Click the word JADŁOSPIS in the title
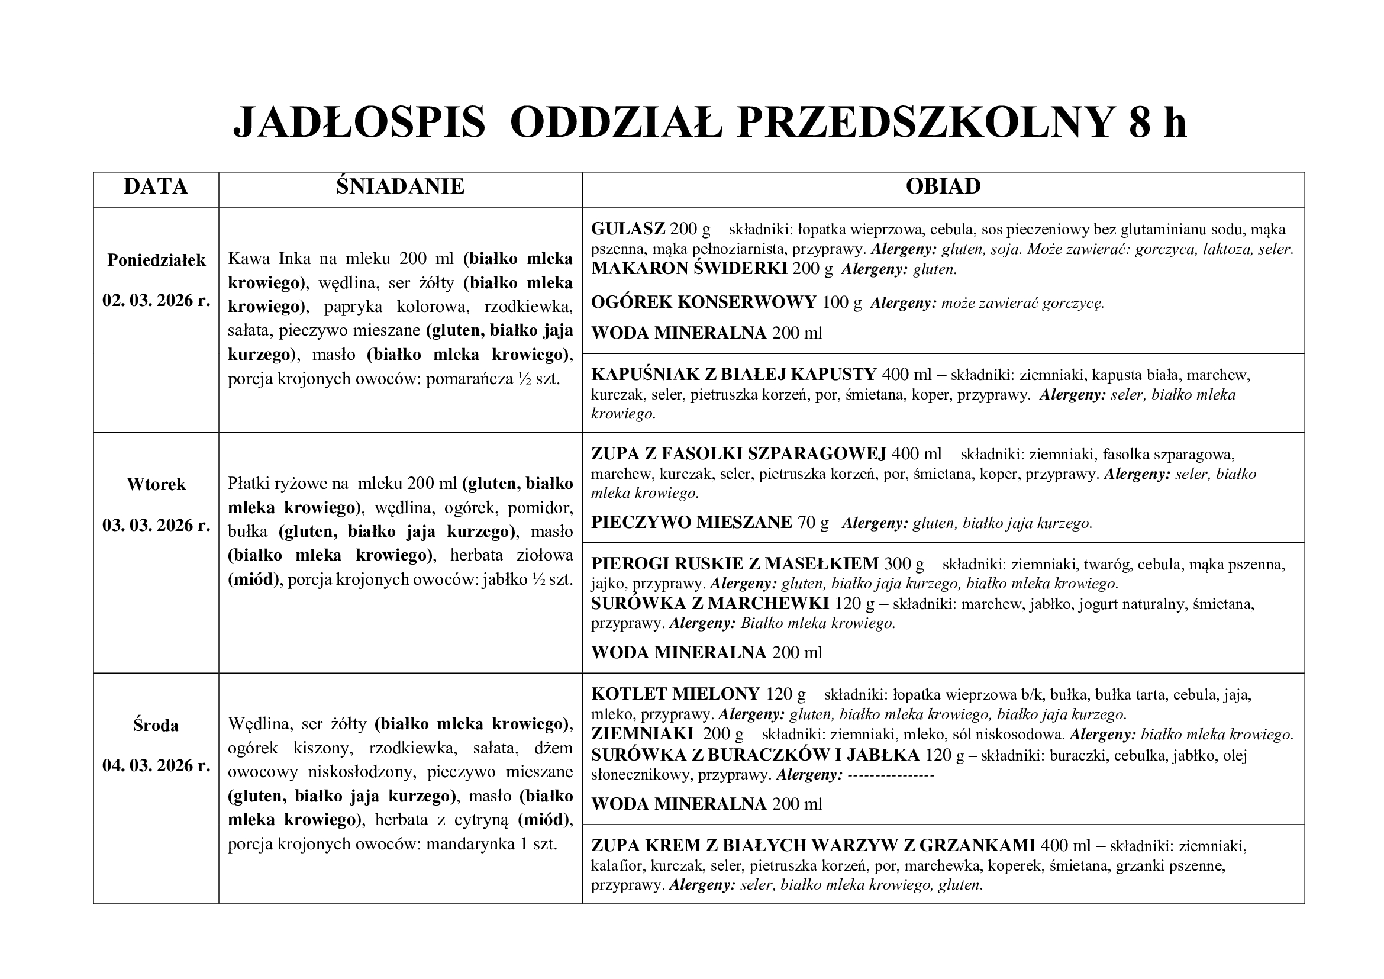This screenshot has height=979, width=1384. click(x=359, y=123)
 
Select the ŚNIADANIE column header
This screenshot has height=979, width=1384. click(x=400, y=186)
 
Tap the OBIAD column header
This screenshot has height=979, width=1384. click(x=943, y=186)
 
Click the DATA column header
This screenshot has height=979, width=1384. click(x=156, y=186)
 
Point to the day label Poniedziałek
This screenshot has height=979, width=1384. click(x=156, y=260)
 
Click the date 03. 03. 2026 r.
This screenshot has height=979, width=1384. click(x=156, y=525)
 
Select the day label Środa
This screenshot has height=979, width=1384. click(x=156, y=725)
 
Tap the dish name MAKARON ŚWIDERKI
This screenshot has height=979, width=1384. click(x=688, y=269)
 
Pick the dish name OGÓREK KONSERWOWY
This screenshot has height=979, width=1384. click(x=703, y=302)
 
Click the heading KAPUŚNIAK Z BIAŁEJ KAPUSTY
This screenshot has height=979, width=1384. click(x=733, y=374)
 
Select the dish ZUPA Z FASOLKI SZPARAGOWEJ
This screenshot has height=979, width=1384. click(x=738, y=453)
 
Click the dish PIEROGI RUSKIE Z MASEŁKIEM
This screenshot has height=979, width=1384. click(x=734, y=563)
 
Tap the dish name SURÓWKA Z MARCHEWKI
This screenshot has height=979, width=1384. click(x=709, y=603)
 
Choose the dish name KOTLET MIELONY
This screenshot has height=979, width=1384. click(x=675, y=694)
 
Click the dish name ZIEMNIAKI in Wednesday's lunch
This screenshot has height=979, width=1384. click(x=642, y=734)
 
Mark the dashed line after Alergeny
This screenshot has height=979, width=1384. click(x=891, y=775)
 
